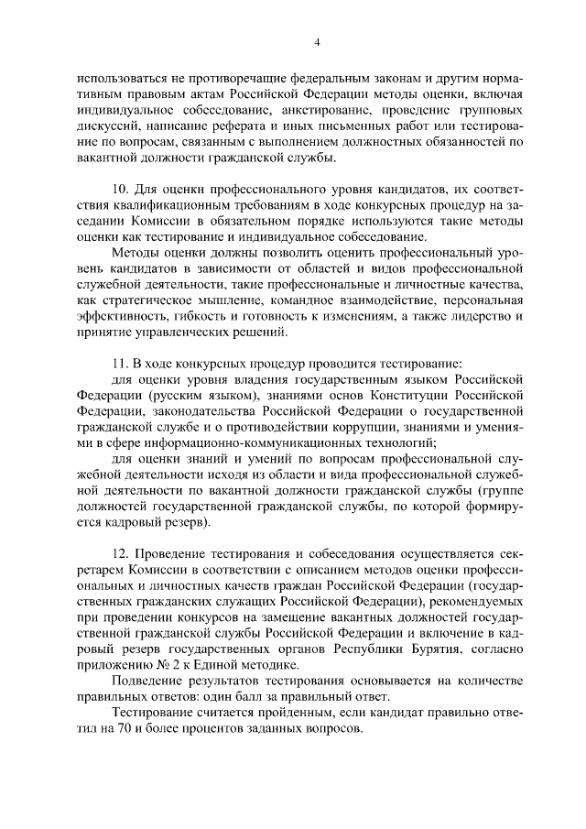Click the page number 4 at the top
click(x=317, y=41)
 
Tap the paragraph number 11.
click(x=118, y=358)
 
